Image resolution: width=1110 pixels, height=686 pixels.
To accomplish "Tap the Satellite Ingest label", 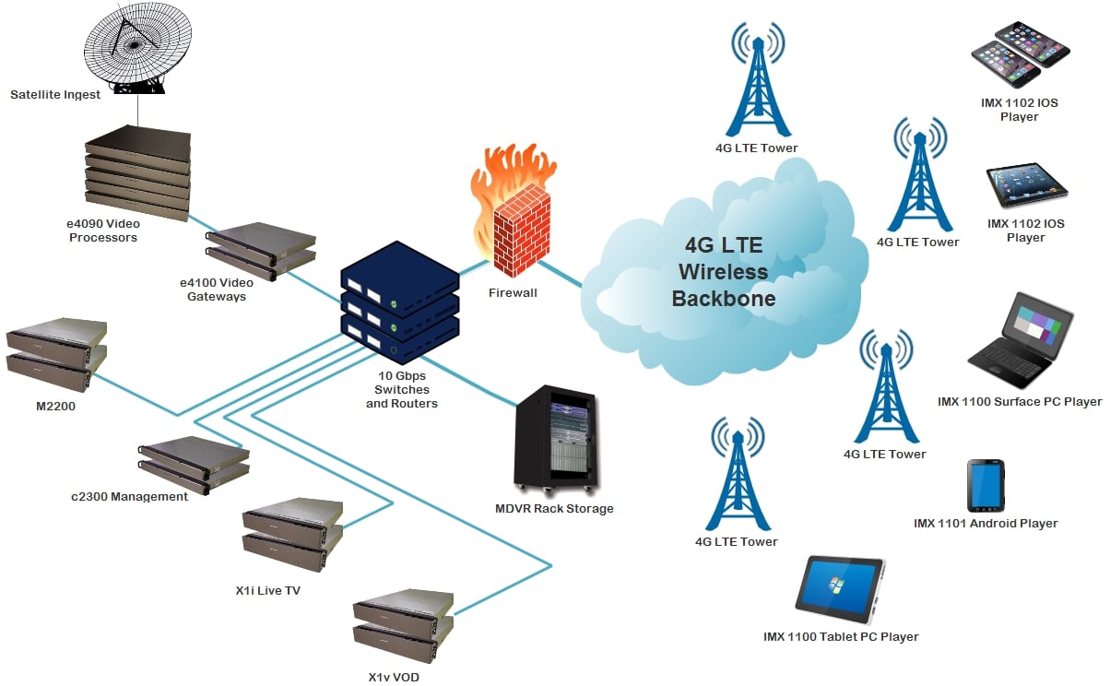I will tap(55, 95).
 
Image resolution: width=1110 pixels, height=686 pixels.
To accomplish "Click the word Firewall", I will tap(513, 292).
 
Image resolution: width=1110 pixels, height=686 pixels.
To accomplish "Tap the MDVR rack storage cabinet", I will tap(555, 439).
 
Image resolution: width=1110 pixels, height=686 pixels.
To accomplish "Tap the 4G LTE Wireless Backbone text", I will tap(725, 272).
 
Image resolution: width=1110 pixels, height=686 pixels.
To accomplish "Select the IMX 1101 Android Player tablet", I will tap(986, 485).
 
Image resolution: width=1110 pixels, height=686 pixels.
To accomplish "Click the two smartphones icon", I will tap(1020, 55).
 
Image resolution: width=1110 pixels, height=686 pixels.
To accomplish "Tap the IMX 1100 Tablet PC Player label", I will tap(841, 636).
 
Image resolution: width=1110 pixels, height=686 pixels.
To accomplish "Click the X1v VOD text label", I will tap(395, 677).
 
